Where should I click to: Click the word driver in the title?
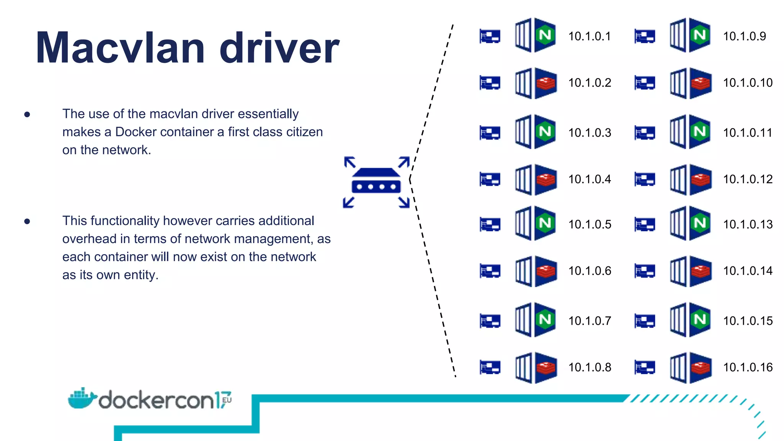coord(279,48)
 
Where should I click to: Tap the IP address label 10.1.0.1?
coord(590,36)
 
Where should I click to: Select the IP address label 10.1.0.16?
coord(748,367)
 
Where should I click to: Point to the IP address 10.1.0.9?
coord(744,36)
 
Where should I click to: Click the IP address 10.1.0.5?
coord(590,224)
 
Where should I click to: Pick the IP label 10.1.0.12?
coord(748,179)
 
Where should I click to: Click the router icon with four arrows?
coord(376,182)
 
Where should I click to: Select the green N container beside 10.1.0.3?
coord(536,132)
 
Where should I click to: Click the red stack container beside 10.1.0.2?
coord(536,83)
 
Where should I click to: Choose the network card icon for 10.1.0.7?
coord(490,321)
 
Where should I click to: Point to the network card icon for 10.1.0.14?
coord(645,271)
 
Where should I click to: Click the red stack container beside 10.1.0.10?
coord(691,83)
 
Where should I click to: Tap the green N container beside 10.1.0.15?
coord(691,320)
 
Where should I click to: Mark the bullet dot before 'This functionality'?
coord(27,221)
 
